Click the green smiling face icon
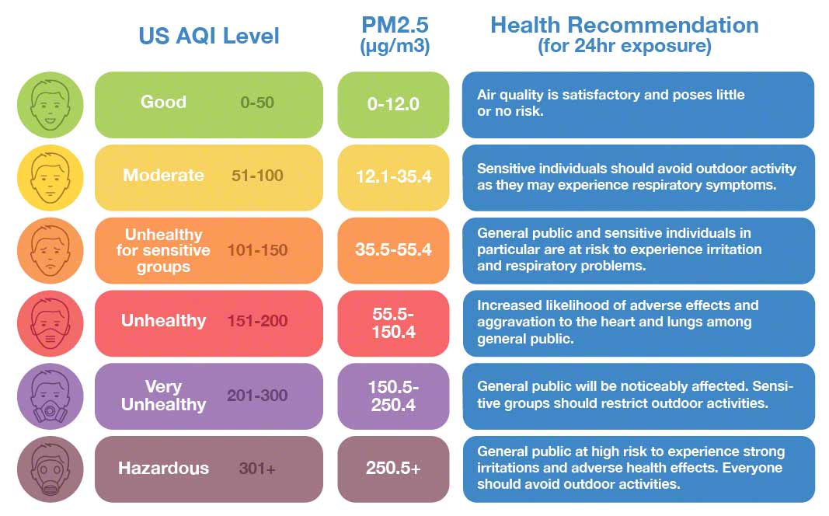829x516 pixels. pos(51,104)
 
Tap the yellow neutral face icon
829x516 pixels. pos(51,177)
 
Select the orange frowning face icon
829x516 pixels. pos(51,250)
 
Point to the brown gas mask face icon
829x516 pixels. pos(51,469)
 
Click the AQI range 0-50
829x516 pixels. pos(257,102)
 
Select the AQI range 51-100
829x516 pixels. pos(257,176)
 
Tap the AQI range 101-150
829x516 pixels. pos(257,250)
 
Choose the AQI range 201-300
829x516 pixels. pos(257,396)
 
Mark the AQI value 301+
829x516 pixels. pos(257,469)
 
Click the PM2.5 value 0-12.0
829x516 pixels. pos(393,103)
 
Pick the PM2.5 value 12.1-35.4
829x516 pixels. pos(393,176)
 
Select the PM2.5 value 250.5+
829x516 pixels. pos(393,469)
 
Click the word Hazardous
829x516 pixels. pos(163,469)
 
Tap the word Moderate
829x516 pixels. pos(163,176)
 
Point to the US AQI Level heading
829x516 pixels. pos(208,36)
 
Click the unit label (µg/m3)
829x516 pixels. pos(395,47)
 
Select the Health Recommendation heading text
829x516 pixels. pos(624,25)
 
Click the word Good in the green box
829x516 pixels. pos(163,102)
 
